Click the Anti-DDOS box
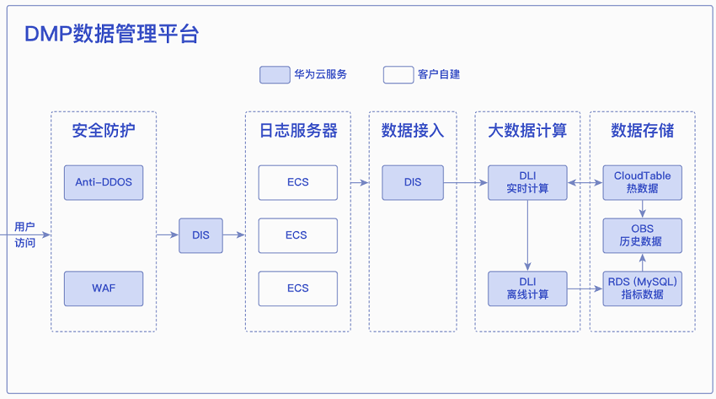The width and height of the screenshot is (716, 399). tap(104, 182)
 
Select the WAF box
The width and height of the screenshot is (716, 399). tap(104, 288)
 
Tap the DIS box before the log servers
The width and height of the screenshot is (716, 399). tap(201, 235)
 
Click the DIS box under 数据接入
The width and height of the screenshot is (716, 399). tap(413, 182)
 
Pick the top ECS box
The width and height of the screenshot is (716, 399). tap(298, 182)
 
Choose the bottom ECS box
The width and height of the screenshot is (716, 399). tap(298, 288)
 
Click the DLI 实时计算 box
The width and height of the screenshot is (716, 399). tap(527, 182)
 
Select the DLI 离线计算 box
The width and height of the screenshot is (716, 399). tap(527, 288)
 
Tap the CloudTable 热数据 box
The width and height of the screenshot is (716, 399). tap(643, 182)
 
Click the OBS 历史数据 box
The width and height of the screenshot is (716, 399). tap(643, 235)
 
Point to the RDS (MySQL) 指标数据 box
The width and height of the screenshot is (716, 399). tap(643, 288)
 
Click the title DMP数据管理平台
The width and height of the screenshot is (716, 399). tap(111, 34)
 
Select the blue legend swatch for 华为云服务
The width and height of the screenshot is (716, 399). tap(275, 74)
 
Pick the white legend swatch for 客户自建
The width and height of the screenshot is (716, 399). tap(398, 74)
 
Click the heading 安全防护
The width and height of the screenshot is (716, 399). tap(104, 130)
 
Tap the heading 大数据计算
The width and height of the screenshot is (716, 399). tap(527, 130)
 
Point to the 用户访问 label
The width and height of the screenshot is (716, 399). tap(24, 235)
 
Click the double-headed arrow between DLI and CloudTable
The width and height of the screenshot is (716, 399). tap(585, 183)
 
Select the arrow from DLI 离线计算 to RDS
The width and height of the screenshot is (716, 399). tap(585, 288)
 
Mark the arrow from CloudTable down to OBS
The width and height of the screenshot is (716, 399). tap(643, 209)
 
